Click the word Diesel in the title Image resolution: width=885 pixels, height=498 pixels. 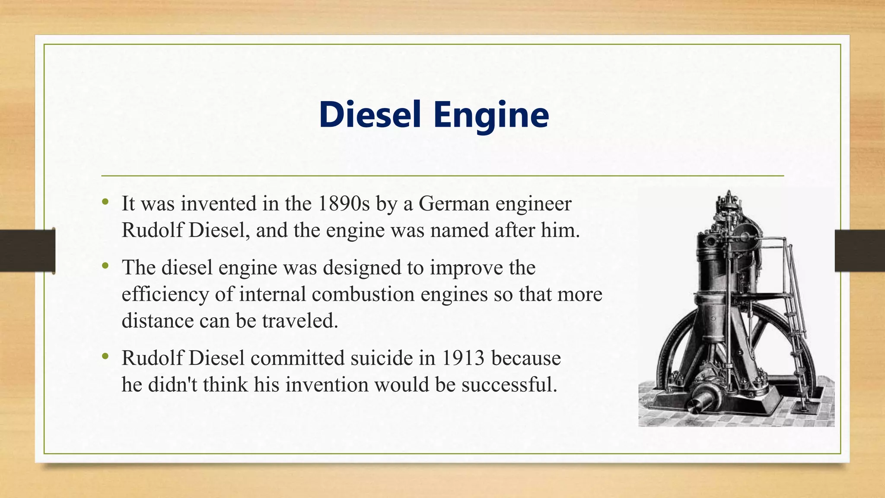pos(370,115)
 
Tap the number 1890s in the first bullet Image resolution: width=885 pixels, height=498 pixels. pos(344,204)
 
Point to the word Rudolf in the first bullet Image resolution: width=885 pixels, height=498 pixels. pos(153,230)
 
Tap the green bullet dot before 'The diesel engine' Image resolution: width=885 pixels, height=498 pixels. pos(105,265)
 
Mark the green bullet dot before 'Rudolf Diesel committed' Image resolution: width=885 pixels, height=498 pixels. pos(105,356)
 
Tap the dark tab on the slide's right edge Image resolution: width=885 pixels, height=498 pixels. pos(859,251)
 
